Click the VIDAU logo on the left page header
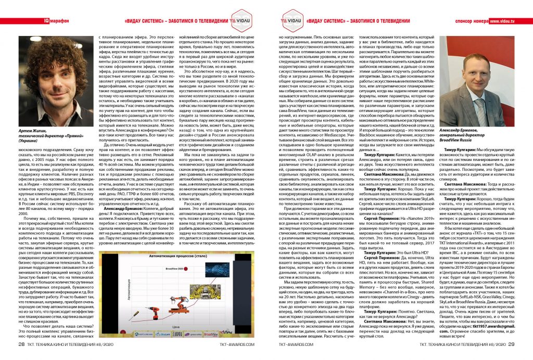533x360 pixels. point(239,21)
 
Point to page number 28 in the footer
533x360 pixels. point(22,344)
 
